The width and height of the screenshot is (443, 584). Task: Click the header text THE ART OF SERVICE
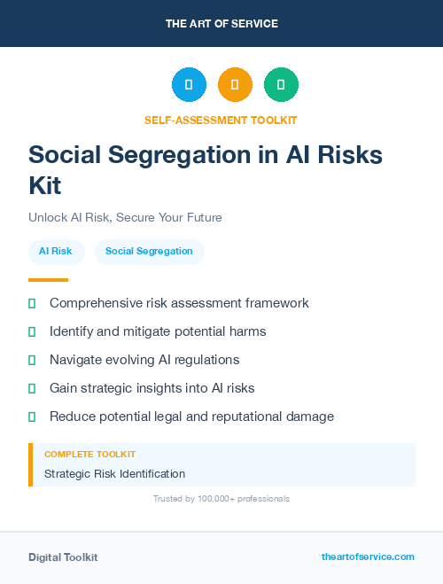coord(221,24)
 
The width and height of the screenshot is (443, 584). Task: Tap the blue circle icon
coord(189,85)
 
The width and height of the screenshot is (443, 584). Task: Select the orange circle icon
coord(235,85)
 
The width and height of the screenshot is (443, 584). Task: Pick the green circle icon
coord(281,85)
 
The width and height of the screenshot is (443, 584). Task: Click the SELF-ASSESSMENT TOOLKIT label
coord(221,120)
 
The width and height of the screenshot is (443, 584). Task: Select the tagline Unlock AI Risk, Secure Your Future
coord(125,218)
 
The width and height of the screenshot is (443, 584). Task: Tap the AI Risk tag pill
coord(56,252)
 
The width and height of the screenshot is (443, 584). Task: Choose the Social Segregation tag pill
coord(149,252)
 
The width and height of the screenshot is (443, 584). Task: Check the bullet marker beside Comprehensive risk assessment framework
coord(32,304)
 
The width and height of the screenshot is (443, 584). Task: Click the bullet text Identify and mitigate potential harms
coord(158,331)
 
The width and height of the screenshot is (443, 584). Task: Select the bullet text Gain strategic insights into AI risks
coord(152,388)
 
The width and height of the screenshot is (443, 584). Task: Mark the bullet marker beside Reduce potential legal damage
coord(32,417)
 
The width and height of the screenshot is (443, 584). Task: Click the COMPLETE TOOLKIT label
coord(84,454)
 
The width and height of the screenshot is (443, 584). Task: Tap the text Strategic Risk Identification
coord(115,474)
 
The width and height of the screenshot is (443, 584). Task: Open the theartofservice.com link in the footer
coord(368,557)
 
